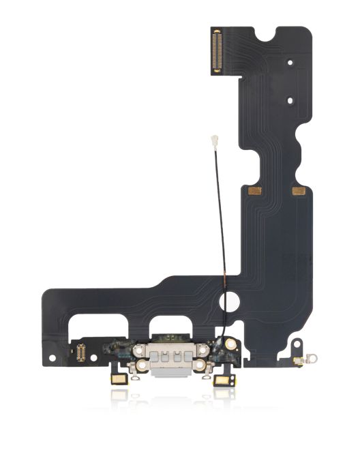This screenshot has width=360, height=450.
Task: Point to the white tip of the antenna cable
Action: (x=214, y=145)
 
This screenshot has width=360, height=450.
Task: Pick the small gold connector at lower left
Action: (x=81, y=352)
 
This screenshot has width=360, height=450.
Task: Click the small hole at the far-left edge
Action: (x=52, y=356)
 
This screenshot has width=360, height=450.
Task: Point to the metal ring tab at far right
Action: (x=315, y=357)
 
